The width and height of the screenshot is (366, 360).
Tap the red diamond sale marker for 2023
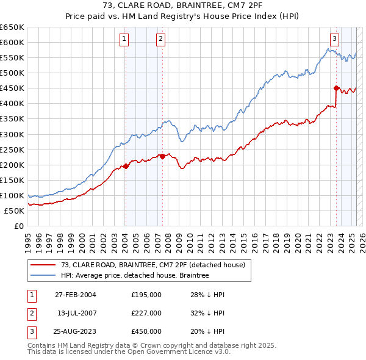pos(336,88)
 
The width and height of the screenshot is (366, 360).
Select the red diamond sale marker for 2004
pos(126,166)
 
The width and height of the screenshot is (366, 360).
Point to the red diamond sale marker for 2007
pos(162,156)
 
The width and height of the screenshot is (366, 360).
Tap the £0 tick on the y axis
pos(20,226)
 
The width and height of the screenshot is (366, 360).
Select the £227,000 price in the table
pos(146,313)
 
